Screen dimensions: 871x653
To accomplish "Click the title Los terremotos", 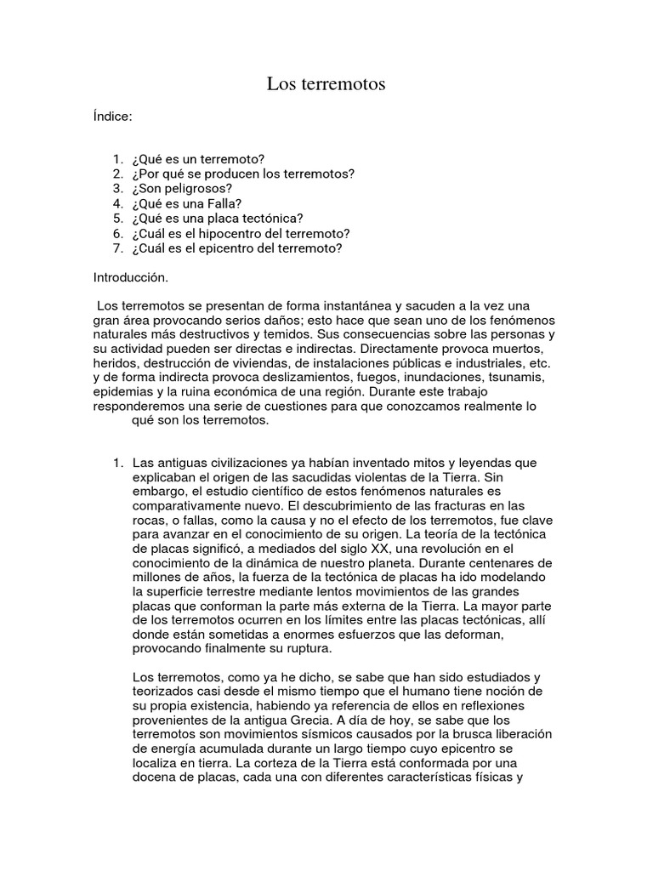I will (326, 83).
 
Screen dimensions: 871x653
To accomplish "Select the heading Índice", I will (112, 117).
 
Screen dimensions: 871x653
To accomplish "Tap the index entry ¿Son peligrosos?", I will (182, 189).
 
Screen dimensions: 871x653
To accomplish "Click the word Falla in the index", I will (227, 203).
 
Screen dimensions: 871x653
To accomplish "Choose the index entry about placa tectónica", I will (218, 219).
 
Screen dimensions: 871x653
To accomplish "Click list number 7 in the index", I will (117, 248).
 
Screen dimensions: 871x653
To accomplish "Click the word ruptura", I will (310, 648).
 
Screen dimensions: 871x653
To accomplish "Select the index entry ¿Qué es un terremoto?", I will (198, 160).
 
